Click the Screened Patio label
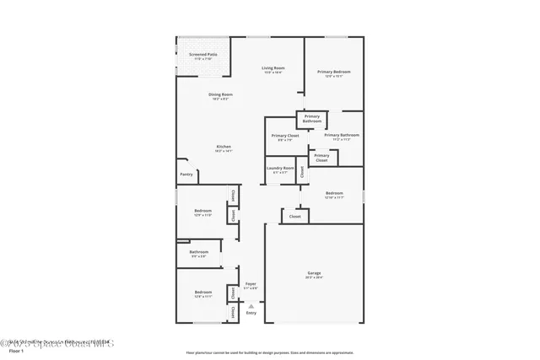[202, 56]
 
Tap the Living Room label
[273, 69]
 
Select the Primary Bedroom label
[334, 73]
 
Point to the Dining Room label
[220, 95]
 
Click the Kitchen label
[223, 148]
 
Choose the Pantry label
[186, 175]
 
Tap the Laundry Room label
[280, 169]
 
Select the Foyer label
[251, 285]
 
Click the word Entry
[251, 313]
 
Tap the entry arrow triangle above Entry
[251, 304]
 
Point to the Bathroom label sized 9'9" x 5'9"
[199, 253]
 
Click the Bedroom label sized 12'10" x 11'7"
[335, 195]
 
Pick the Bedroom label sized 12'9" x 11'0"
[202, 212]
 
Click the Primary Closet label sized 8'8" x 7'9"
[285, 137]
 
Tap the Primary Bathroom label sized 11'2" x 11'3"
[342, 137]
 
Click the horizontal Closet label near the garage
[294, 217]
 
